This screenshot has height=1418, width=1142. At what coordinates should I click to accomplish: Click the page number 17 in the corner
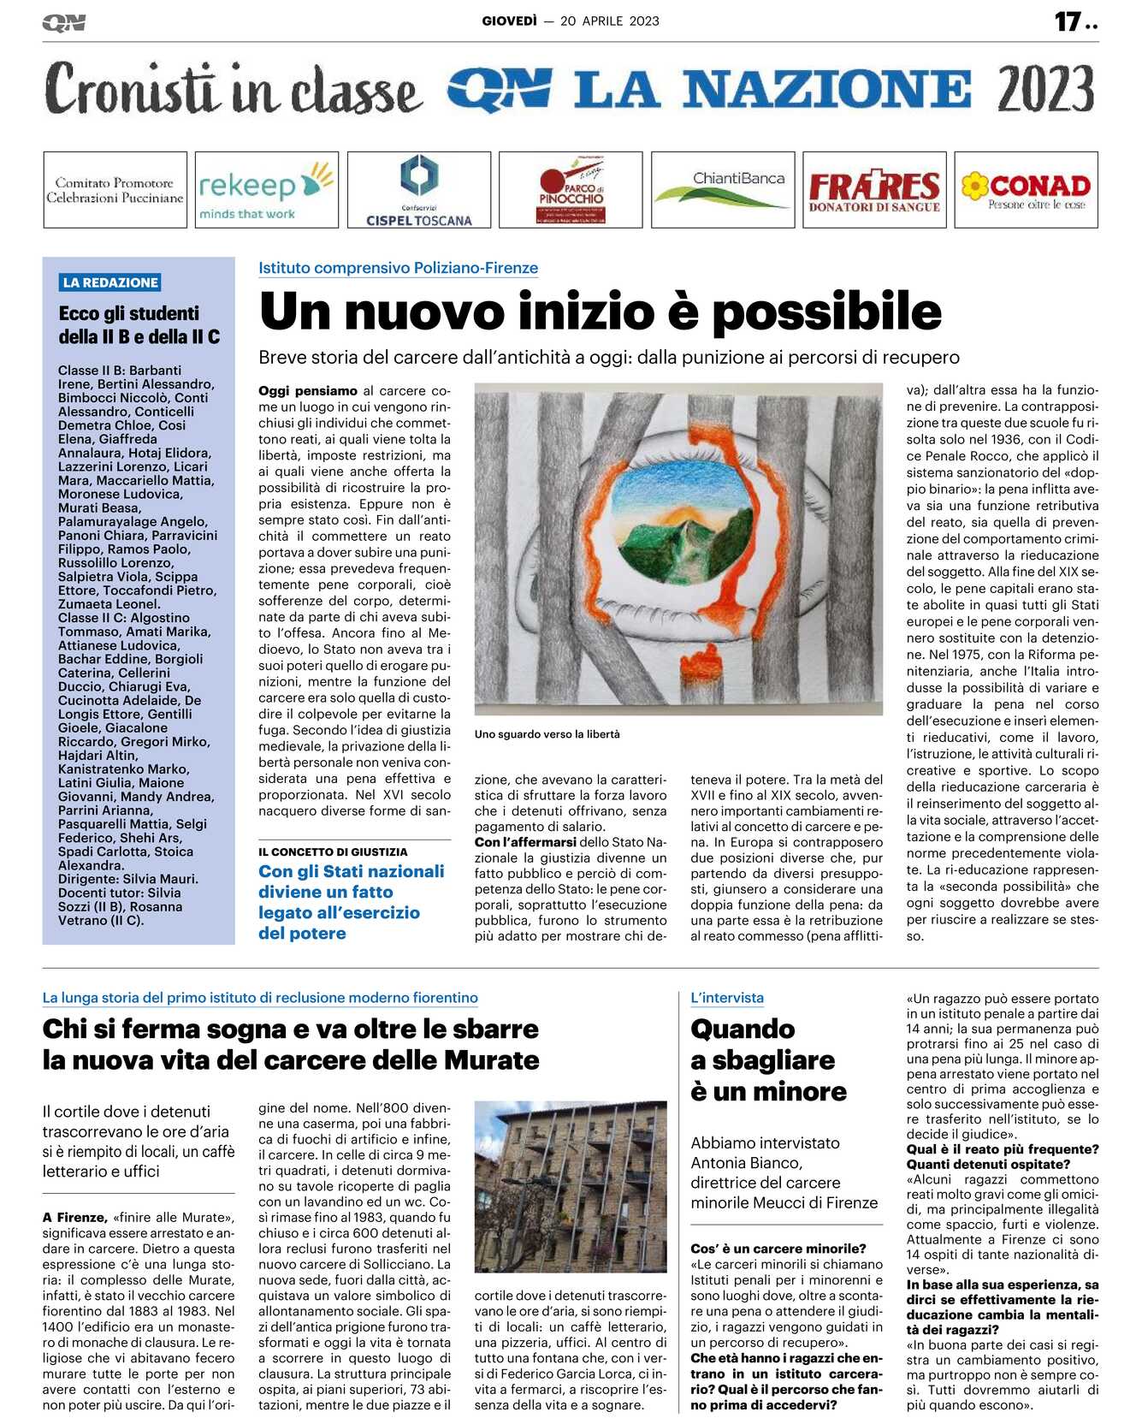(x=1068, y=21)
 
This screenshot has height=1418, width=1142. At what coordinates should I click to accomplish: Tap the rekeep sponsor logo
(x=266, y=190)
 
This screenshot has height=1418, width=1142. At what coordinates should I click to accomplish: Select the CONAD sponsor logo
(x=1026, y=190)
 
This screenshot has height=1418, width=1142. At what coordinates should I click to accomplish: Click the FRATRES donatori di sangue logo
(x=874, y=190)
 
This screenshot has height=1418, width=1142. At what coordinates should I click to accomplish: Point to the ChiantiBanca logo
(x=723, y=190)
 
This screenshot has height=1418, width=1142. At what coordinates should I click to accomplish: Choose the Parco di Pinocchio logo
(x=571, y=190)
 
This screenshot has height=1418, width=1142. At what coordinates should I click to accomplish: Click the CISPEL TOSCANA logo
(x=419, y=190)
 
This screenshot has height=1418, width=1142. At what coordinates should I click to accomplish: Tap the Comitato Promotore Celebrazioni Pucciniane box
(x=115, y=190)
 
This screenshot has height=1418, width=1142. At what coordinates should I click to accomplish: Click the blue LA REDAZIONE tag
(x=110, y=282)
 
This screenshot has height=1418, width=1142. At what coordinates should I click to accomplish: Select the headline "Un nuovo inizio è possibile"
(x=600, y=311)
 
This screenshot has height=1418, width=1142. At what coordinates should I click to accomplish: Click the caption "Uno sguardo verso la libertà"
(x=547, y=734)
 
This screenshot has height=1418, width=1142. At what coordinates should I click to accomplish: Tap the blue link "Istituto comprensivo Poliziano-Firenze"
(x=398, y=268)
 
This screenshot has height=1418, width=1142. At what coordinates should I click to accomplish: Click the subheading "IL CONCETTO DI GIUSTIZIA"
(x=333, y=851)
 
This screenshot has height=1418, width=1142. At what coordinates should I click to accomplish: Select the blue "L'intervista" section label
(x=726, y=998)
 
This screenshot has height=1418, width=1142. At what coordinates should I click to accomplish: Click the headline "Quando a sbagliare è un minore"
(x=768, y=1059)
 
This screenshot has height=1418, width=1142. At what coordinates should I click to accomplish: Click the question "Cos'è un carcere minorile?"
(x=778, y=1249)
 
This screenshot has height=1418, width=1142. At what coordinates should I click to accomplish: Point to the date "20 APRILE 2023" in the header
(x=609, y=21)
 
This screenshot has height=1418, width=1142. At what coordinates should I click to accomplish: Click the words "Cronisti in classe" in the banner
(x=233, y=89)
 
